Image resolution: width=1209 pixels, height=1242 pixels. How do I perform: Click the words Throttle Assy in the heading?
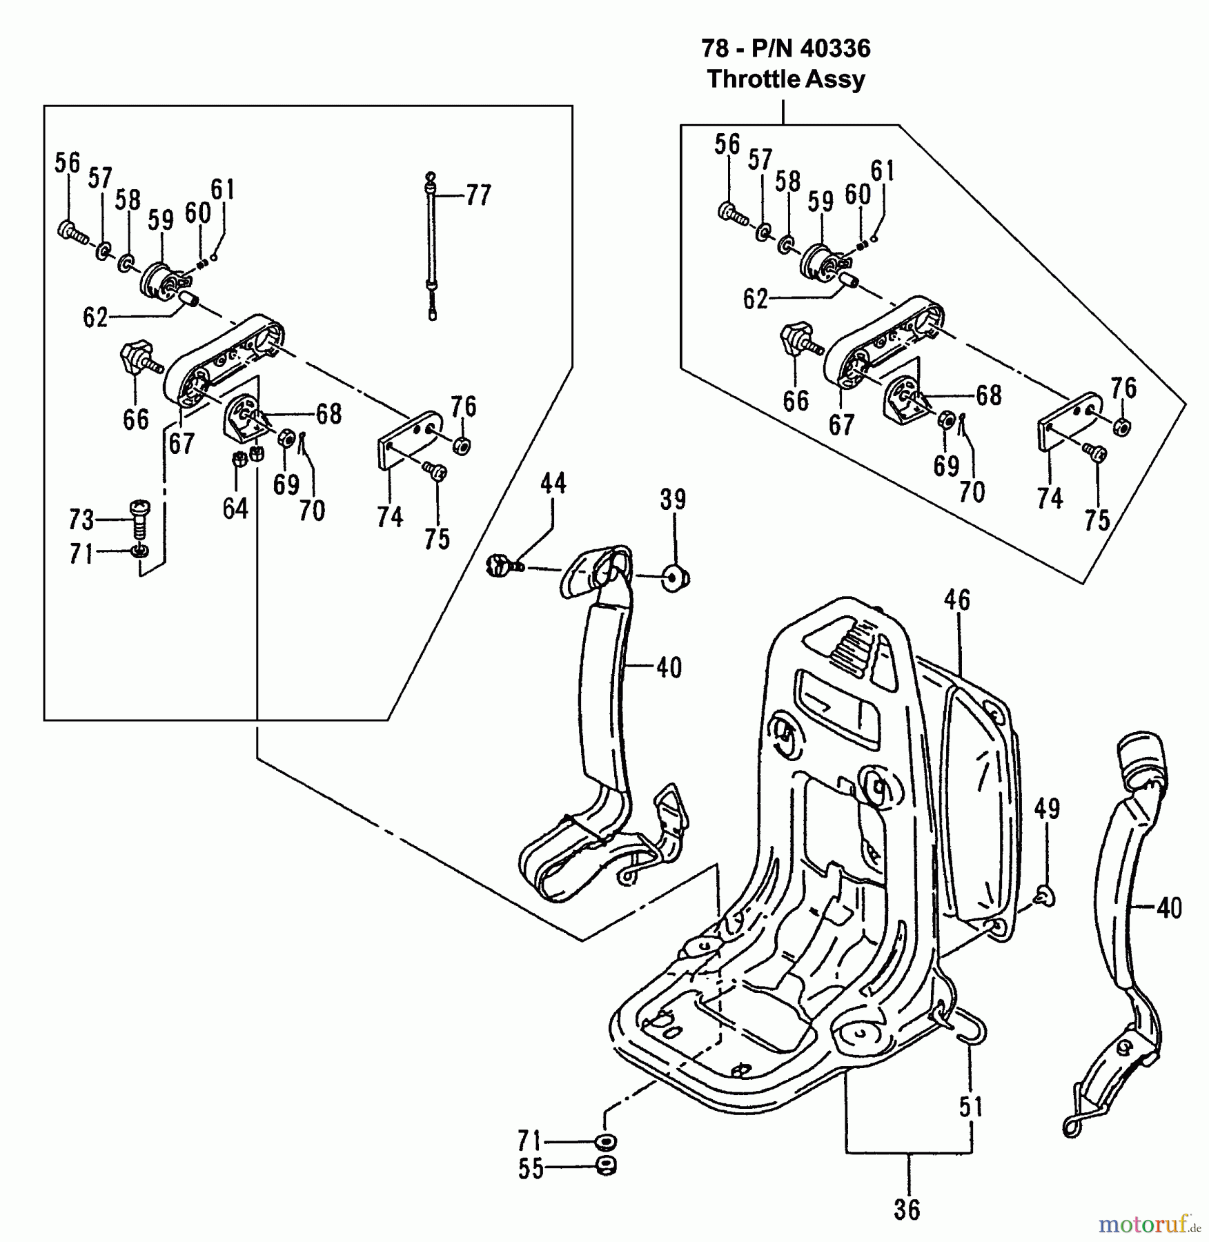(785, 79)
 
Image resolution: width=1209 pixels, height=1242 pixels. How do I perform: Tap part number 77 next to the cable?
(478, 195)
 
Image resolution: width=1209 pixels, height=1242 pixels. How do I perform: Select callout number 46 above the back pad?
(956, 600)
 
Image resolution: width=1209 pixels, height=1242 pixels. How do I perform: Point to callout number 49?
(1046, 808)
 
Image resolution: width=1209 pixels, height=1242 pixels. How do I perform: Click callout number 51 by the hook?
(970, 1107)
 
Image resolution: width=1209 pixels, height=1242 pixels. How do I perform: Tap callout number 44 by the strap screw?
(553, 483)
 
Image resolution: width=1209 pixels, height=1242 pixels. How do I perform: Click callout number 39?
(673, 499)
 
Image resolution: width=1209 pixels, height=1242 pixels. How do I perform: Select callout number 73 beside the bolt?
(81, 519)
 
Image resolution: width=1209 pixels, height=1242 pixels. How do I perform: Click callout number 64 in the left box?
(235, 509)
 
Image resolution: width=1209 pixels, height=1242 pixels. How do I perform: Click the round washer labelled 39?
(675, 577)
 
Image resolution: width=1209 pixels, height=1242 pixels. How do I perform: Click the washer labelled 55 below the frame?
(606, 1167)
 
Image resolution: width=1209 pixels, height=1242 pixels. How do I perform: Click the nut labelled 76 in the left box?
(462, 444)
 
